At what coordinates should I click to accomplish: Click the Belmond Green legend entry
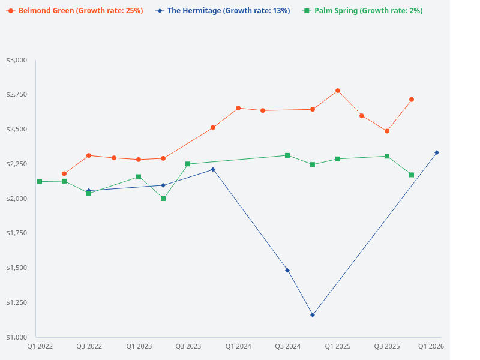(x=74, y=11)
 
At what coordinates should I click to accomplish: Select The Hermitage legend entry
(x=223, y=11)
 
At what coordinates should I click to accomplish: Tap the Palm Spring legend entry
(x=362, y=11)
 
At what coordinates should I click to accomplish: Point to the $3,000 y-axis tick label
(x=17, y=60)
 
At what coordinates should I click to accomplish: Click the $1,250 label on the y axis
(x=17, y=302)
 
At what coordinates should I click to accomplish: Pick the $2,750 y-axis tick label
(x=17, y=95)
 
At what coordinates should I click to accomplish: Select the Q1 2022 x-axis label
(x=40, y=346)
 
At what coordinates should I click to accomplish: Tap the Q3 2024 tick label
(x=287, y=346)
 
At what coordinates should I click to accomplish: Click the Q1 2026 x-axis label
(x=431, y=346)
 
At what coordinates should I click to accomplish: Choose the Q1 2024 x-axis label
(x=238, y=346)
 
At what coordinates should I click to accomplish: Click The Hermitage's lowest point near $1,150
(x=313, y=314)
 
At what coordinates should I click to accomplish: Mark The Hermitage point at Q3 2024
(x=287, y=270)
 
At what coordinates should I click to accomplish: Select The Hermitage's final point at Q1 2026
(x=437, y=152)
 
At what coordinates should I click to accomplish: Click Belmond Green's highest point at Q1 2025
(x=338, y=91)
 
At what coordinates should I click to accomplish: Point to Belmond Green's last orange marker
(x=412, y=100)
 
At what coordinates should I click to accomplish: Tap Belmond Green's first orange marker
(x=64, y=174)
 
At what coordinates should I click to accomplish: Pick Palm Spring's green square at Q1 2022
(x=40, y=181)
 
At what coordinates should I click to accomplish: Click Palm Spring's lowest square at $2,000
(x=163, y=199)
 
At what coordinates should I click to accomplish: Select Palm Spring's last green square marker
(x=412, y=175)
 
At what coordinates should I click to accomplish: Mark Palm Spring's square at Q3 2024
(x=287, y=155)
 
